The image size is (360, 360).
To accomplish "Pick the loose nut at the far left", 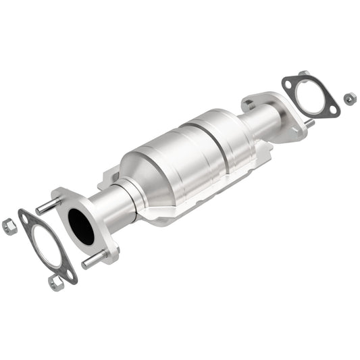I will [x=9, y=226].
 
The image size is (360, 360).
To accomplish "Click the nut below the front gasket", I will [x=56, y=283].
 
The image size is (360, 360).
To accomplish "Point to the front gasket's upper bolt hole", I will [x=26, y=217].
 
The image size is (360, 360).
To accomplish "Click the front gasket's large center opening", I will [x=45, y=247].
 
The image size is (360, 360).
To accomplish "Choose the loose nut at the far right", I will [x=349, y=99].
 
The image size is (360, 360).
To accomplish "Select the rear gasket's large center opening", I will [x=311, y=97].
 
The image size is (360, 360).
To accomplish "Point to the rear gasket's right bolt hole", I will [x=331, y=109].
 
